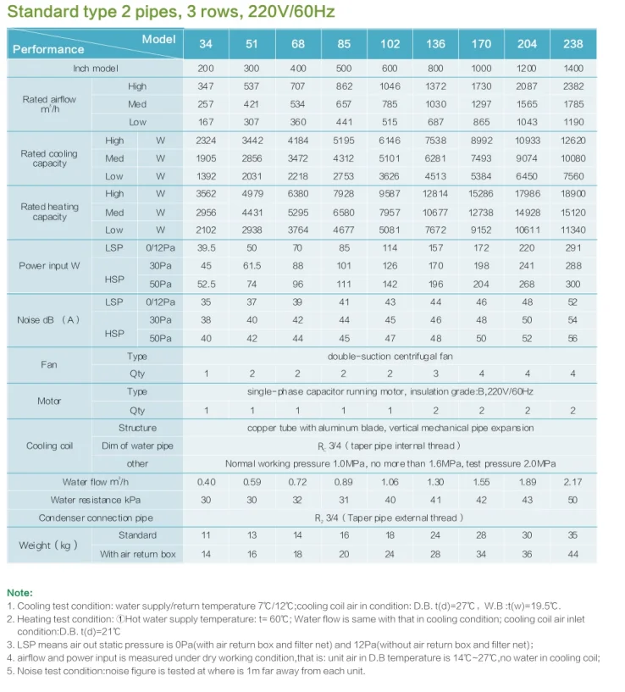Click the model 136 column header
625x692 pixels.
point(435,44)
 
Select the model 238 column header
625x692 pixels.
point(572,44)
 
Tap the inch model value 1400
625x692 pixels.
point(572,68)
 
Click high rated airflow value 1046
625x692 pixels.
point(390,86)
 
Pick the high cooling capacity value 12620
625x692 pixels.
point(572,141)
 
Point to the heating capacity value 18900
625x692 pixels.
point(572,194)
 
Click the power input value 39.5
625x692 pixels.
point(206,248)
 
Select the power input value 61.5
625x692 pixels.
point(252,266)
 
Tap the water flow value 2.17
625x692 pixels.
point(572,482)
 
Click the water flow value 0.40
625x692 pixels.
point(206,482)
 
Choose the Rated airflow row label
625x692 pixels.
point(49,104)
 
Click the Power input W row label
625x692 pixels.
point(49,266)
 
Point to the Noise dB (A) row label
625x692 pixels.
point(48,320)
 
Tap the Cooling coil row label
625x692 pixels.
point(49,446)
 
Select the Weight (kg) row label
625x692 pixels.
point(48,545)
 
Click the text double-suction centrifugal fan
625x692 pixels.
point(390,357)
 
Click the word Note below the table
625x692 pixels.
point(20,593)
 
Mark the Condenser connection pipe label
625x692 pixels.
point(96,518)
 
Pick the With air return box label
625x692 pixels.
point(137,554)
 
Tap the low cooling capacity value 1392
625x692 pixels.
point(206,176)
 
